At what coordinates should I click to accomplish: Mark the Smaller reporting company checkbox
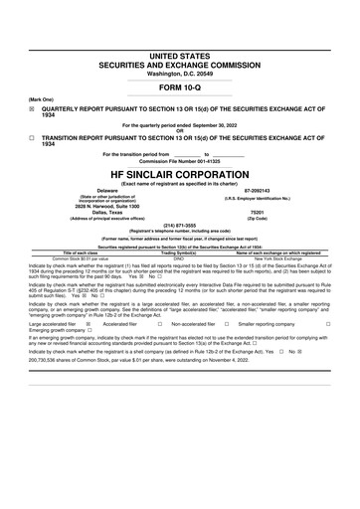tap(328, 324)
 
